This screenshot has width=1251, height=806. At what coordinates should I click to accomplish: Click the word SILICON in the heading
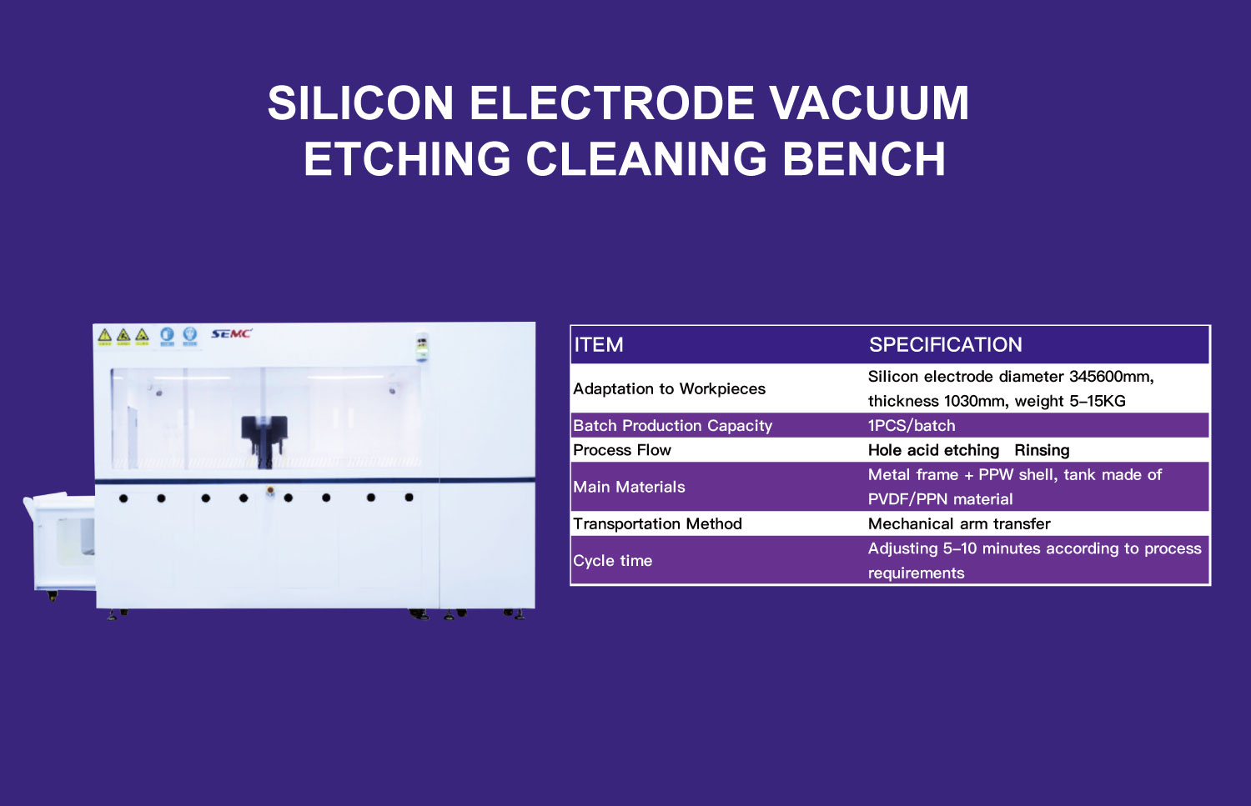[360, 103]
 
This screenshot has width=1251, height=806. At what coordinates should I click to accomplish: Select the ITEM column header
[598, 345]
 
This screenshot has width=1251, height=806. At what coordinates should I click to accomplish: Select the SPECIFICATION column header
[945, 345]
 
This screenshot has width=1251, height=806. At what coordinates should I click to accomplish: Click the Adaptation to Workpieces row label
[669, 388]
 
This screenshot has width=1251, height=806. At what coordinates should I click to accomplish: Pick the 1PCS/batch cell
[911, 425]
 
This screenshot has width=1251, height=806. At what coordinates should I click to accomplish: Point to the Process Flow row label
[621, 450]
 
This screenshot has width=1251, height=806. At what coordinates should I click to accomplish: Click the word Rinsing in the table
[1042, 450]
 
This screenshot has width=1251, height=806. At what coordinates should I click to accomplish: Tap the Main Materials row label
[629, 487]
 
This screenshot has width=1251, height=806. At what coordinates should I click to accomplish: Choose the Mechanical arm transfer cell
[959, 523]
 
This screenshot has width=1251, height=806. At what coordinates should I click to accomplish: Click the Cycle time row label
[612, 561]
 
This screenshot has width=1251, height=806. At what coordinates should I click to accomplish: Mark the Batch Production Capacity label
[672, 425]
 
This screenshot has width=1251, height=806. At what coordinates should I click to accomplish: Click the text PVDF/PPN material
[940, 499]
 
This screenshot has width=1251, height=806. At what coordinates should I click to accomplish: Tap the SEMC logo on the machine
[230, 333]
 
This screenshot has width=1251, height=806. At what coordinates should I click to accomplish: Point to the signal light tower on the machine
[422, 348]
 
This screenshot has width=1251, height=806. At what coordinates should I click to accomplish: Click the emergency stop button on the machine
[269, 492]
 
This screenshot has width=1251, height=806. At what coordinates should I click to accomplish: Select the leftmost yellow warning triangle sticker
[104, 336]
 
